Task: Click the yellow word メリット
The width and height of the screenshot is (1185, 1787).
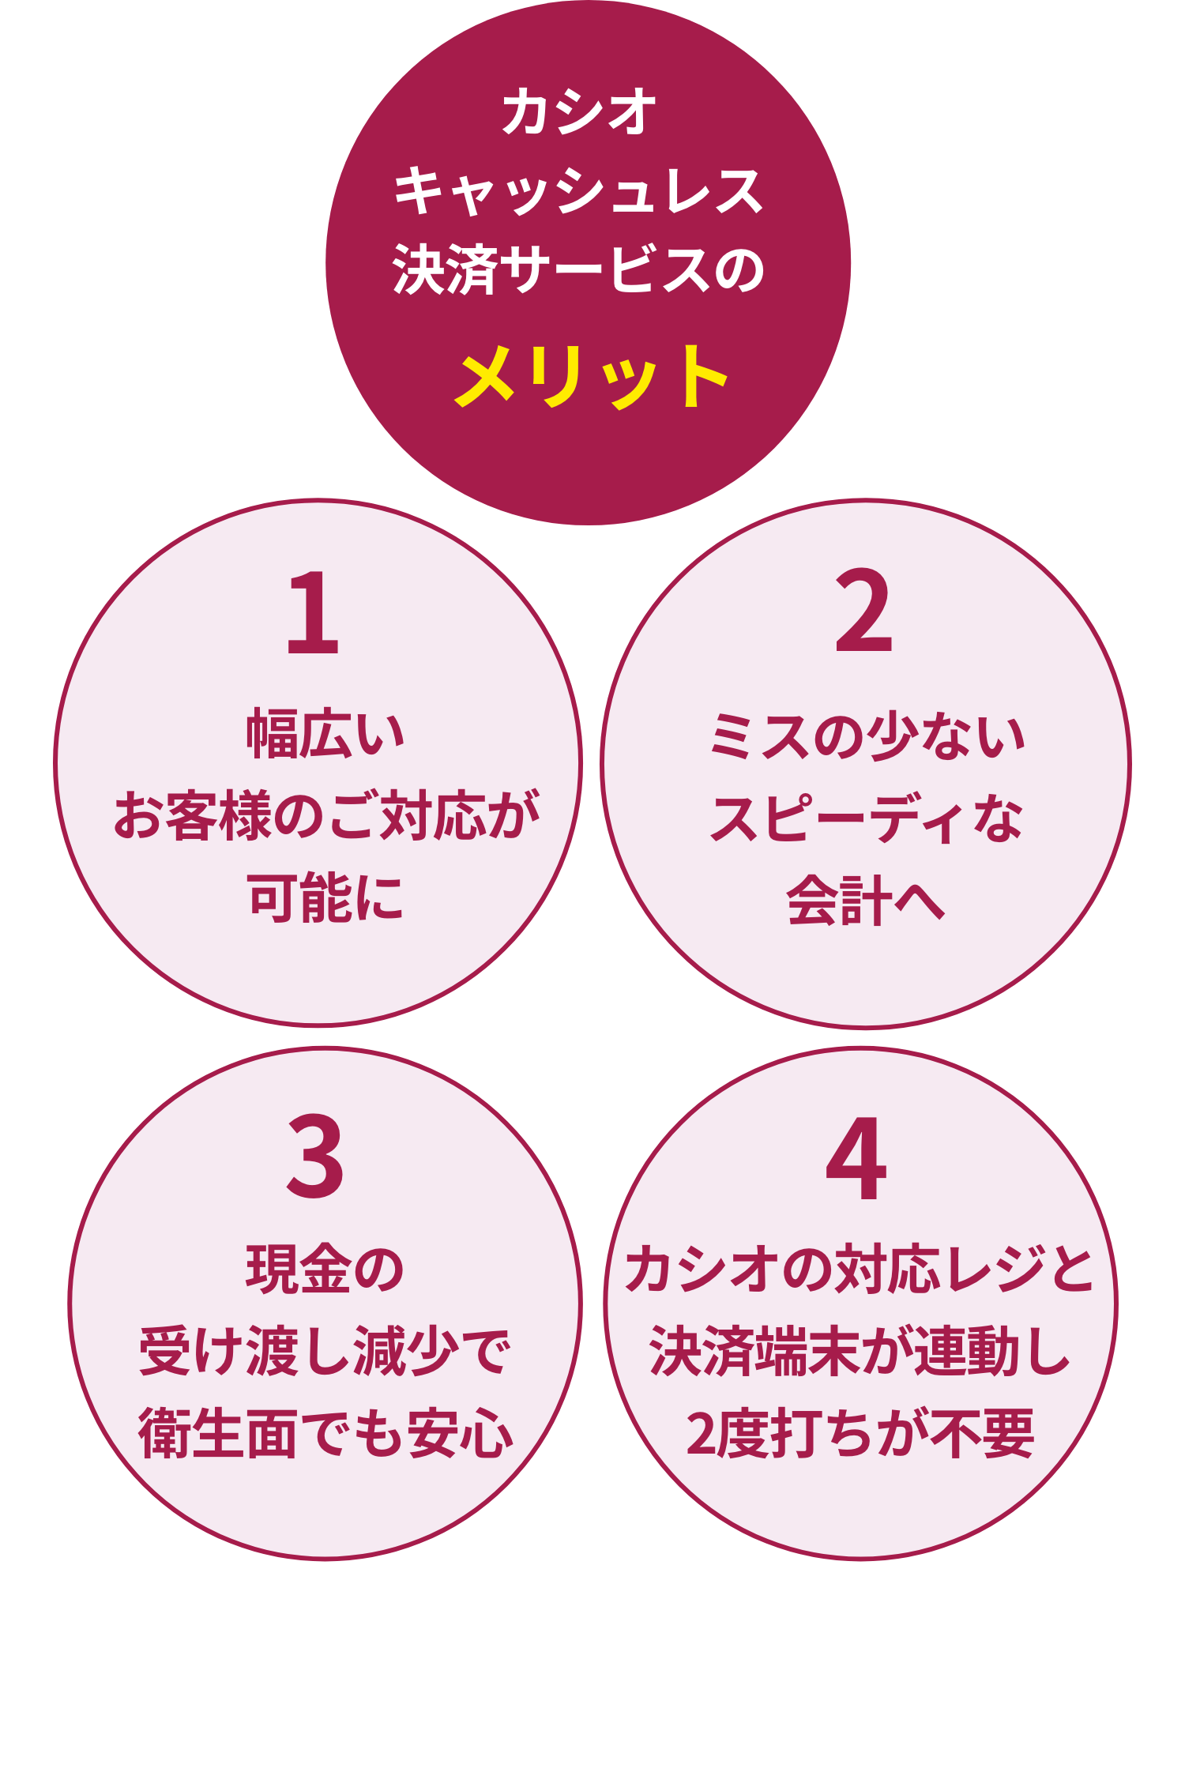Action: (x=591, y=377)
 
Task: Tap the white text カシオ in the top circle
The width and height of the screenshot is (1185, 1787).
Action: (x=579, y=111)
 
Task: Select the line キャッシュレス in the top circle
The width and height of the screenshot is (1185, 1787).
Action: (x=579, y=192)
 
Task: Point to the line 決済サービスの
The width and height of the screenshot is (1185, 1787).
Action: (x=579, y=270)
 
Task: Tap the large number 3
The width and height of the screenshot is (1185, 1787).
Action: (x=315, y=1157)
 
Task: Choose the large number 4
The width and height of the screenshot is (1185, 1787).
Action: (x=856, y=1158)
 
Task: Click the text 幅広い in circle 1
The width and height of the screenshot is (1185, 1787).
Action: (x=325, y=735)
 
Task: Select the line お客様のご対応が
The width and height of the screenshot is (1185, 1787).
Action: (x=325, y=816)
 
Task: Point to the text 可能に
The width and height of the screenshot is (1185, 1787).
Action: (x=325, y=898)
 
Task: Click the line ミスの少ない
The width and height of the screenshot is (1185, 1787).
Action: (x=867, y=736)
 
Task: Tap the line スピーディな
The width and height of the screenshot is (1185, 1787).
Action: (x=867, y=819)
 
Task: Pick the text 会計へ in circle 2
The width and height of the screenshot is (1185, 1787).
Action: (x=866, y=901)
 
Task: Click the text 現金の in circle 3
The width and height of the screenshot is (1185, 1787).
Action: (x=325, y=1270)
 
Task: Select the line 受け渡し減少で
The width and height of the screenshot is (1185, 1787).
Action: (x=325, y=1352)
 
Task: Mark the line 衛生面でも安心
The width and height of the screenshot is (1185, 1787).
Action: (x=325, y=1434)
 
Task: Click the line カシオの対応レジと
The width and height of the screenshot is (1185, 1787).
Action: (x=860, y=1270)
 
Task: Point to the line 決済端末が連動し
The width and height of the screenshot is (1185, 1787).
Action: (x=860, y=1352)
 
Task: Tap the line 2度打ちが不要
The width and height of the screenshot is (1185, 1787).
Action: (x=860, y=1434)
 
